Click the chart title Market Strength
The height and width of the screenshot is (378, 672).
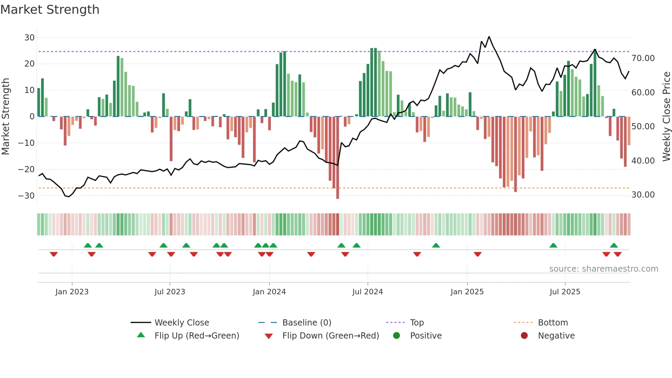[50, 10]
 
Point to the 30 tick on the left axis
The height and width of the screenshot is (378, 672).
[29, 38]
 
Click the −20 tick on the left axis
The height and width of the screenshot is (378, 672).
[26, 169]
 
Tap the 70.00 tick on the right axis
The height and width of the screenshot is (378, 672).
[643, 58]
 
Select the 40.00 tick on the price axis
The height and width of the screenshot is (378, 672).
[643, 161]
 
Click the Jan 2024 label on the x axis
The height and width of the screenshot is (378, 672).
[269, 292]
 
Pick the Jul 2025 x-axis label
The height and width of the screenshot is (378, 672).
[565, 292]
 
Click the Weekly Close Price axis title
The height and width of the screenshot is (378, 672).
[666, 117]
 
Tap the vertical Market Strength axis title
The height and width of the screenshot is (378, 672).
[5, 117]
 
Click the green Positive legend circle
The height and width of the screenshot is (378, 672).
[397, 336]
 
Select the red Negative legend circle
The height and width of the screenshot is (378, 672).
[524, 336]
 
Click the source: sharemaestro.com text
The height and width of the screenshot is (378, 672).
[603, 269]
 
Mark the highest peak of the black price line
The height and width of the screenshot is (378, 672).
[489, 37]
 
